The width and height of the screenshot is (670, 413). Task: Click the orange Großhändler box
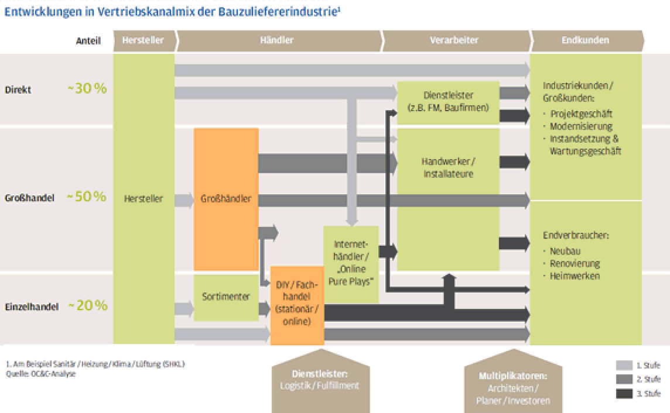[x=226, y=199]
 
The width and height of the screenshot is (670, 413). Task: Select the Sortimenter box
[x=226, y=297]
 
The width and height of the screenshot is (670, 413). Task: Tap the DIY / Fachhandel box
[x=298, y=305]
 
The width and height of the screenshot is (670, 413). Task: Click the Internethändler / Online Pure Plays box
[x=351, y=264]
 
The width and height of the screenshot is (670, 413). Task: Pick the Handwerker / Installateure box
[x=448, y=161]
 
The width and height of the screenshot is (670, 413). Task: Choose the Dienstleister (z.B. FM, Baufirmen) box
[x=448, y=102]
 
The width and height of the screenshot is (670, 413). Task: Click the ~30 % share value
[x=87, y=88]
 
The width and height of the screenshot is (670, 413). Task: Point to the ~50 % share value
[x=87, y=197]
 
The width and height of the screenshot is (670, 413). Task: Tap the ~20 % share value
[x=88, y=305]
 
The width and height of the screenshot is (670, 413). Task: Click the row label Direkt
[x=18, y=90]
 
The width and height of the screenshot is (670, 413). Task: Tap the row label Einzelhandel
[x=32, y=307]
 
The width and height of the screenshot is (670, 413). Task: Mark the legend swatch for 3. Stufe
[x=624, y=393]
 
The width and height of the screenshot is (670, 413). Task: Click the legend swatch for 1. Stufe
[x=624, y=365]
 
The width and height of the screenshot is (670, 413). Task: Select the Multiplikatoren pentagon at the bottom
[x=513, y=382]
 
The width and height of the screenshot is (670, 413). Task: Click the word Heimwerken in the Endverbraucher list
[x=575, y=276]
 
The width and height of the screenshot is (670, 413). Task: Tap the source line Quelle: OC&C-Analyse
[x=40, y=374]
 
